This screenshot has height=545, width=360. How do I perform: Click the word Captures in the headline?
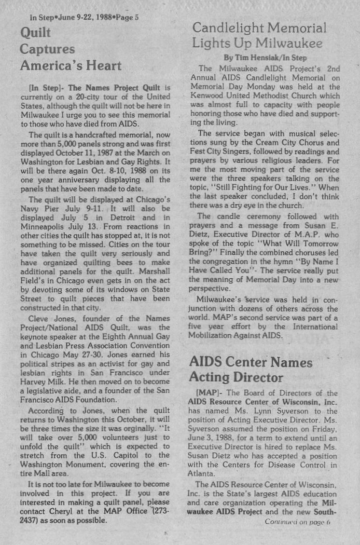click(x=47, y=49)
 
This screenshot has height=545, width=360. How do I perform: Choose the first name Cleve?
click(x=39, y=319)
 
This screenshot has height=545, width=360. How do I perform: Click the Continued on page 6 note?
click(x=296, y=522)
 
